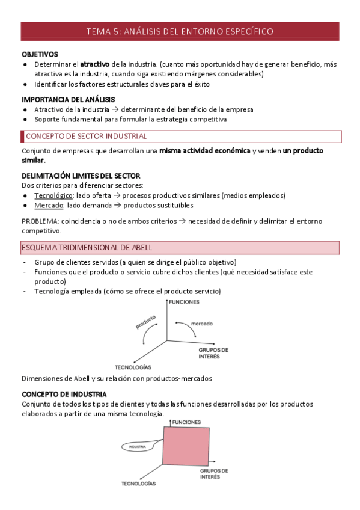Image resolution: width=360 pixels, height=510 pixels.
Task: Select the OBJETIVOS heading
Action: [40, 54]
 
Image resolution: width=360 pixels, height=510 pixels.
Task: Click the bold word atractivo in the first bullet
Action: [95, 64]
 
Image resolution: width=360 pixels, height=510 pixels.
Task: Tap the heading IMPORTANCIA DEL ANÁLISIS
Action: [69, 99]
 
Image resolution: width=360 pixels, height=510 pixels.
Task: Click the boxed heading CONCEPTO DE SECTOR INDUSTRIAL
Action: [86, 136]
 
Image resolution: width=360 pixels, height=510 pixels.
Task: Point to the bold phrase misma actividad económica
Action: [204, 151]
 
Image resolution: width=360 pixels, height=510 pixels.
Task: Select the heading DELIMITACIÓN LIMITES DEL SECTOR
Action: [81, 176]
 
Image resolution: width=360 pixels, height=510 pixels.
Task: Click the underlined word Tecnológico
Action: [53, 195]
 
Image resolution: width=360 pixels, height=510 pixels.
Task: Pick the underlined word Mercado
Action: [49, 205]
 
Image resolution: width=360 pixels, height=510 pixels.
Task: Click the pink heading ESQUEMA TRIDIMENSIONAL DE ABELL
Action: [87, 248]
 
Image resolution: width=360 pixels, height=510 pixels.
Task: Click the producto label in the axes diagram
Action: [146, 322]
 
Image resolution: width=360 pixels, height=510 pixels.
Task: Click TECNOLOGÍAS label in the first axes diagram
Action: [133, 367]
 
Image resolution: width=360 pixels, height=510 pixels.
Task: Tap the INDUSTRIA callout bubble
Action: [138, 447]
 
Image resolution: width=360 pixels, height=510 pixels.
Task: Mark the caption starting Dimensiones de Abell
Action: [117, 378]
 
